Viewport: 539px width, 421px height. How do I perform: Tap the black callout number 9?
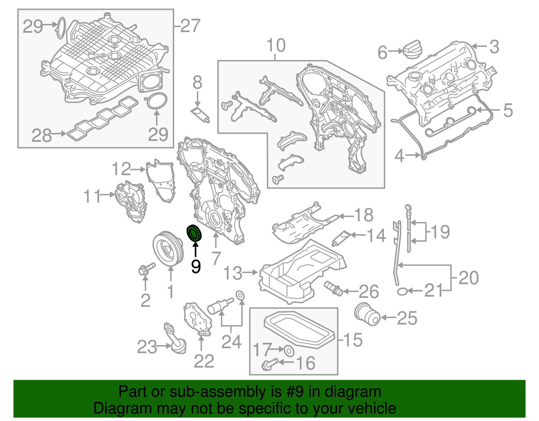(x=196, y=267)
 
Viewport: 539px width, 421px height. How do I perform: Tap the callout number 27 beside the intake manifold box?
(x=190, y=26)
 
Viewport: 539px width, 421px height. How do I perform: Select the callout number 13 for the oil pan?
(x=233, y=273)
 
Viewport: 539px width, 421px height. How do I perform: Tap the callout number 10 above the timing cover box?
(x=276, y=46)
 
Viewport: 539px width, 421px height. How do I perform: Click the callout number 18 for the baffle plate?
(x=364, y=215)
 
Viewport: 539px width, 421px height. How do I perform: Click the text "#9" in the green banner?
(x=296, y=392)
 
